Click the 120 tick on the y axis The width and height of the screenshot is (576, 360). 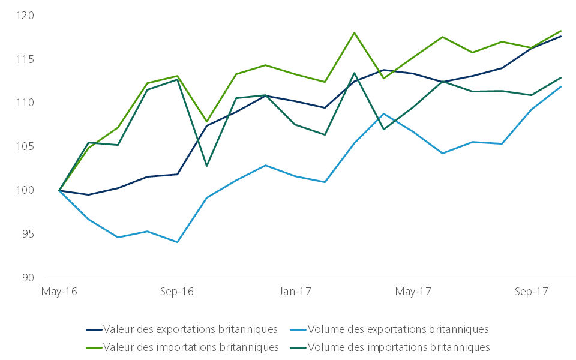click(x=25, y=16)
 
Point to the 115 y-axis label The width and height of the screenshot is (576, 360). click(x=25, y=59)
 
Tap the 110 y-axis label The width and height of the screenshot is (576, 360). click(x=25, y=103)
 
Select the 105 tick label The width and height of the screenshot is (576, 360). click(x=25, y=147)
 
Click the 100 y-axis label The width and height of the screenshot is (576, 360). click(x=25, y=191)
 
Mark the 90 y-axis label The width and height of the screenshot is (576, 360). click(x=28, y=278)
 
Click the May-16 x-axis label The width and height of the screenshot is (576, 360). click(x=58, y=292)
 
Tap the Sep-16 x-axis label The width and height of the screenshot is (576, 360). click(x=177, y=292)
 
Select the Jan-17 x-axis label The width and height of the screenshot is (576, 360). click(x=296, y=292)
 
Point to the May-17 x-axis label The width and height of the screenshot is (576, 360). click(x=414, y=292)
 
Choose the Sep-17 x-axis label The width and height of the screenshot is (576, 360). click(x=532, y=292)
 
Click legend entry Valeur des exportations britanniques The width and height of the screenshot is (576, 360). click(x=190, y=329)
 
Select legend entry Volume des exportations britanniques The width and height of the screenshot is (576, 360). click(x=398, y=329)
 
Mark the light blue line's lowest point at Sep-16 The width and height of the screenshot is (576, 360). click(x=177, y=242)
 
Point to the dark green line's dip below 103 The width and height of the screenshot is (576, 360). click(x=206, y=166)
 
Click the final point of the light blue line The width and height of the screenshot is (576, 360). click(x=561, y=86)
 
